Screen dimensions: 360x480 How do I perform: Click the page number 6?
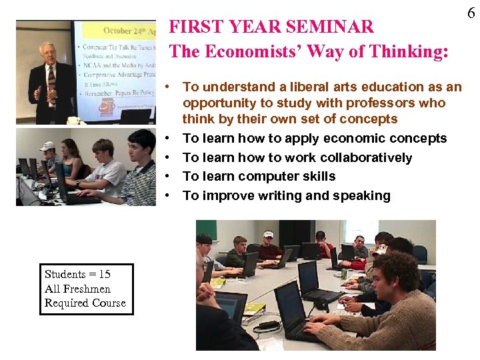(471, 12)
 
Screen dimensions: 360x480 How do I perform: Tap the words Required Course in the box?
(85, 303)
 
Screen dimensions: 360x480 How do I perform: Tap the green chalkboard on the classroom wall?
(207, 231)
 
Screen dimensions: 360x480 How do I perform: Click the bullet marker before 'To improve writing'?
(172, 196)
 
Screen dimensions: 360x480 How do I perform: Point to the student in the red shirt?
(269, 249)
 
